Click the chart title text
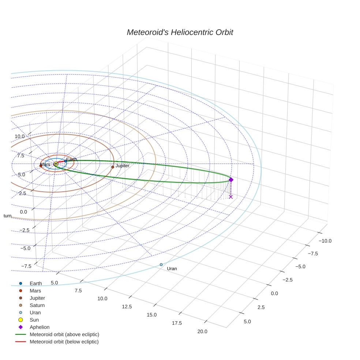[x=180, y=32]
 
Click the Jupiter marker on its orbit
[x=113, y=167]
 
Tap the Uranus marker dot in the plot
[x=161, y=265]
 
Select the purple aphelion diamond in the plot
[x=231, y=180]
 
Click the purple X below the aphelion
[x=231, y=197]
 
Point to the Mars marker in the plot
[x=41, y=166]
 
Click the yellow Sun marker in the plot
[x=56, y=164]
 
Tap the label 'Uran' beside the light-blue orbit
[x=172, y=269]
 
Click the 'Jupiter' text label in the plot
[x=122, y=166]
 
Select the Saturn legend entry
[x=37, y=305]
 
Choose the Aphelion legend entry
[x=39, y=327]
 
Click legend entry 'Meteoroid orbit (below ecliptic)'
[x=64, y=342]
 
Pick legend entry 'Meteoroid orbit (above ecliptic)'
[x=64, y=334]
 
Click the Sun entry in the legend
[x=34, y=320]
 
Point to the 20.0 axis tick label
[x=202, y=332]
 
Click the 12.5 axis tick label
[x=127, y=307]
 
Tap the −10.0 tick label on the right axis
[x=325, y=241]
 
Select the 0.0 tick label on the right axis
[x=275, y=293]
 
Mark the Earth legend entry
[x=35, y=283]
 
